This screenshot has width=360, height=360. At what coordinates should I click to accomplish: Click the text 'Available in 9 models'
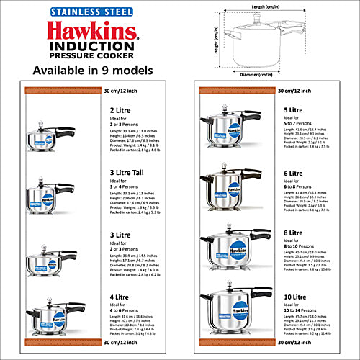click(93, 70)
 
